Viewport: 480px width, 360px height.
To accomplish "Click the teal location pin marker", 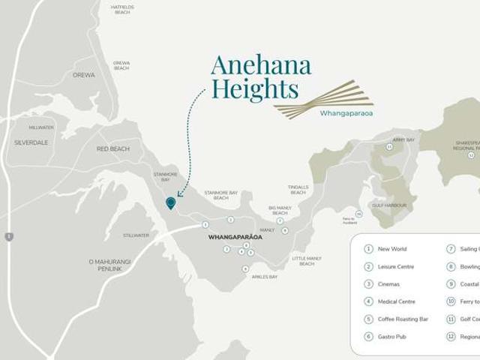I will (x=171, y=202).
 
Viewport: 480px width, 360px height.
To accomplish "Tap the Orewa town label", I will (x=83, y=75).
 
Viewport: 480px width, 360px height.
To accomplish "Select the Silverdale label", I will (x=31, y=142).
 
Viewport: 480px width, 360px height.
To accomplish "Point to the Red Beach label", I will (x=113, y=149).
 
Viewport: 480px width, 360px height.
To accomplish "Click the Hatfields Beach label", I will (x=121, y=10).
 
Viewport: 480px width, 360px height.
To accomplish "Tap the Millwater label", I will (x=41, y=127).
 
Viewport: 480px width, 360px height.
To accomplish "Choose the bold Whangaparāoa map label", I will (x=235, y=237).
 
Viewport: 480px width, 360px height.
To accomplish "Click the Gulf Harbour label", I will (x=389, y=205).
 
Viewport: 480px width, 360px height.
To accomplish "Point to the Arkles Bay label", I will (x=264, y=277).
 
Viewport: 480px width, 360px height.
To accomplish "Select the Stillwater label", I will (x=136, y=235).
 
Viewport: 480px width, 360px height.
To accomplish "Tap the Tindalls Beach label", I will (x=298, y=190).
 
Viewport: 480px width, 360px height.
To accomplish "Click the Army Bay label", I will (x=403, y=139).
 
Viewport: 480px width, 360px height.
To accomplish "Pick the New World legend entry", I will (x=392, y=249).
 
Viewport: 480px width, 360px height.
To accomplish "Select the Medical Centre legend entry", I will (x=396, y=301).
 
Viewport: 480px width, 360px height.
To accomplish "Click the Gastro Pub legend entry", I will (x=391, y=337).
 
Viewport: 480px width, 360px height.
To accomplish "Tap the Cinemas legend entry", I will (x=388, y=284).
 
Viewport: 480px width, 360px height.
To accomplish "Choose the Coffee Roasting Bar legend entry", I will (x=403, y=319).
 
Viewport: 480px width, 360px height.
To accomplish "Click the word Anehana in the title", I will (x=261, y=65).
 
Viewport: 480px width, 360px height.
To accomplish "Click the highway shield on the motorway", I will (x=8, y=237).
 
